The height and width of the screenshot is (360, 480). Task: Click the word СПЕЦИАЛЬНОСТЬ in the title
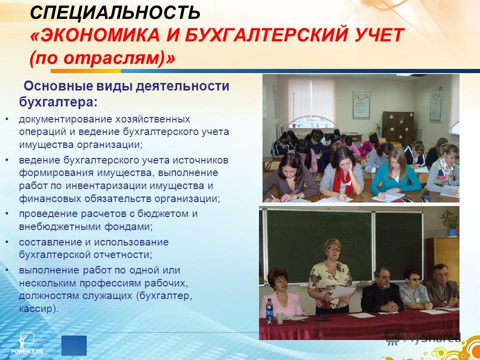115,13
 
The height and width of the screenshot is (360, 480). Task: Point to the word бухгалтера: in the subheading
58,101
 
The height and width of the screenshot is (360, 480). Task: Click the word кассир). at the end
38,308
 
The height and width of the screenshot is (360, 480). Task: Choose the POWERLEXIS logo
27,343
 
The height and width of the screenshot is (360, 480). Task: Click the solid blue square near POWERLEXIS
74,345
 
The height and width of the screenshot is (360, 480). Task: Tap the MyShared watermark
422,337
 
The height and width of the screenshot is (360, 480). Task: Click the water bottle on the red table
269,311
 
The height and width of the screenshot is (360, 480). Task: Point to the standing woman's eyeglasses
333,249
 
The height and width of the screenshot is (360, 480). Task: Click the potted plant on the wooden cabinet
449,223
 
